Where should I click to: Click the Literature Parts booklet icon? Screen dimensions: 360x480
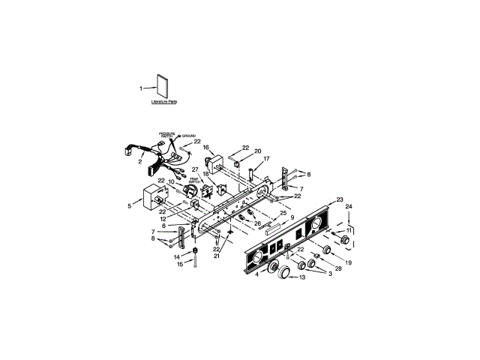coord(163,85)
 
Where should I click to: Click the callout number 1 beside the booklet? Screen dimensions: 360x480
coord(140,88)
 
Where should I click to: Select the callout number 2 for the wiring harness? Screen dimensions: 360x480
coord(141,161)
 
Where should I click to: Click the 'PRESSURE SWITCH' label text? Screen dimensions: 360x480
coord(166,135)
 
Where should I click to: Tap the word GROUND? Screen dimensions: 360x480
coord(188,136)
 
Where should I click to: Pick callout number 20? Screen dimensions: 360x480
coord(257,151)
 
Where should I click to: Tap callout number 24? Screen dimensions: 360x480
coord(348,206)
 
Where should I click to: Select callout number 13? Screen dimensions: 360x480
coord(303,277)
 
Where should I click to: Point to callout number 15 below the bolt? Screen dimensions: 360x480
coord(178,264)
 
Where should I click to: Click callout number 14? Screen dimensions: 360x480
coord(178,256)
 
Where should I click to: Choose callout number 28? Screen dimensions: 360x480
coord(338,268)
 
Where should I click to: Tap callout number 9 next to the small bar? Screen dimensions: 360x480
coord(292,217)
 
